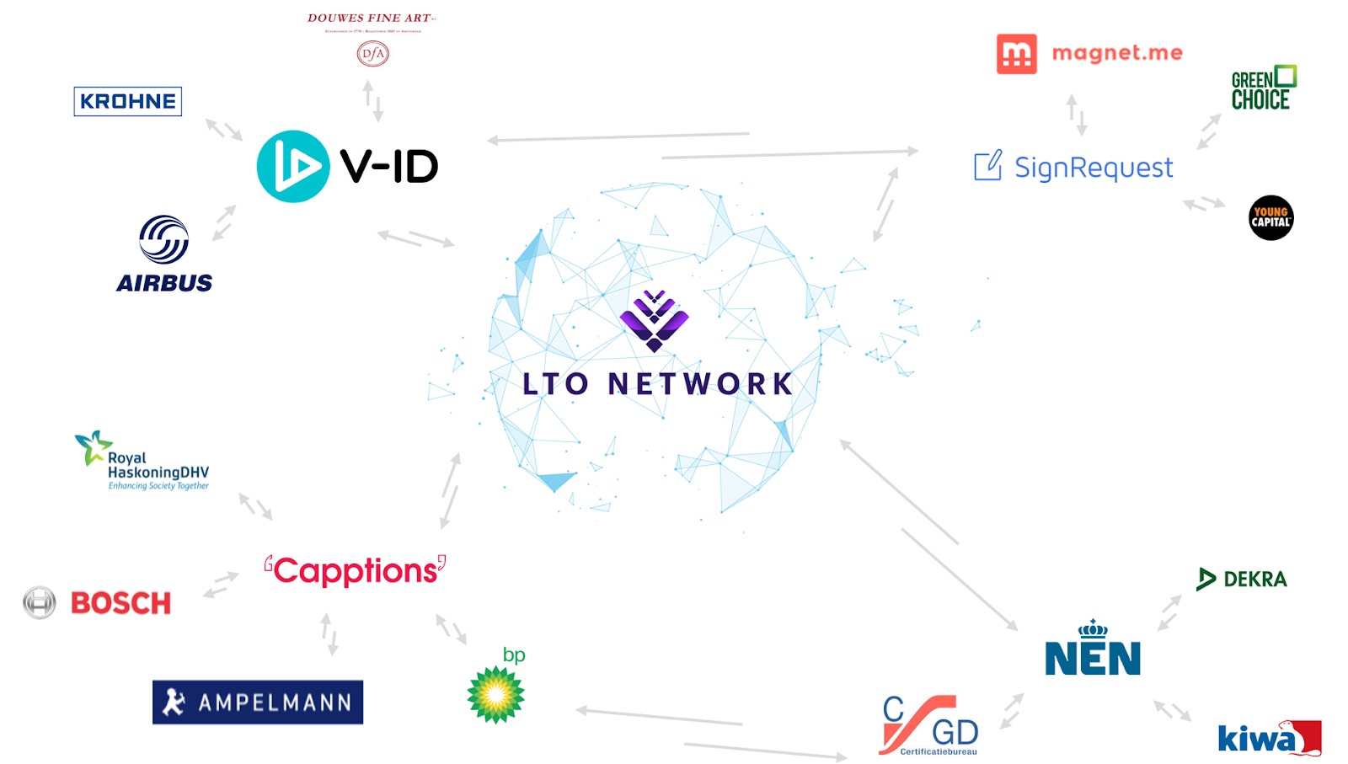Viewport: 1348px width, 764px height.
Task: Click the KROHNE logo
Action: click(127, 102)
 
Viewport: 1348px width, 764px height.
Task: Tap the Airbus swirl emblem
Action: click(163, 239)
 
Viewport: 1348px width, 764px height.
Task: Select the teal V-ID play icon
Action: click(292, 166)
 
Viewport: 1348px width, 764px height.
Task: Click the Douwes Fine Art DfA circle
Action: click(372, 54)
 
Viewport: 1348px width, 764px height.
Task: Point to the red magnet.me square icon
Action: click(1016, 54)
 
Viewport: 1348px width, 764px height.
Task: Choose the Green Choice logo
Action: click(1263, 88)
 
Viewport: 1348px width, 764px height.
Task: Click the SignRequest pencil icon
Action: click(988, 165)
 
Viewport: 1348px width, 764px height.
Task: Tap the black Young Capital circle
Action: click(1270, 218)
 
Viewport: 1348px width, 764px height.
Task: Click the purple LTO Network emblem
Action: click(654, 320)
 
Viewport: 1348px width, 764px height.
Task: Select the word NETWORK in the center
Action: click(700, 384)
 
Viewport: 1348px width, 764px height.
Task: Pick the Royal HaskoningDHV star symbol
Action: click(92, 446)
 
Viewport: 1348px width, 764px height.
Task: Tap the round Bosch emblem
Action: click(40, 602)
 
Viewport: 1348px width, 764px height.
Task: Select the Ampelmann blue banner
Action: click(258, 702)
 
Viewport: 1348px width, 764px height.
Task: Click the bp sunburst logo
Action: click(496, 694)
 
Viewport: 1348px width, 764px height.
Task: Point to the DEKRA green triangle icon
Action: click(1206, 579)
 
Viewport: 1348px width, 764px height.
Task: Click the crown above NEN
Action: click(1093, 628)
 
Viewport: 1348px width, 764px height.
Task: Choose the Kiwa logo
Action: click(1269, 738)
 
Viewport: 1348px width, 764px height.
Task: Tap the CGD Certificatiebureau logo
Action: click(930, 725)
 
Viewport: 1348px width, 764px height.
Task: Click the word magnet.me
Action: click(1117, 53)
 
